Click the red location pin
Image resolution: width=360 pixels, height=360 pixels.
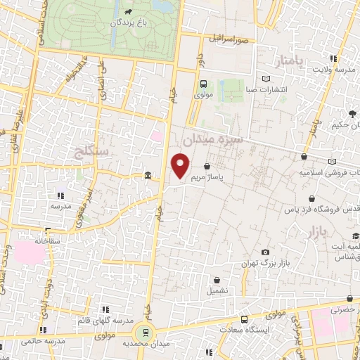181,166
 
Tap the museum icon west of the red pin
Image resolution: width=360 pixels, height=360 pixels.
146,176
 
